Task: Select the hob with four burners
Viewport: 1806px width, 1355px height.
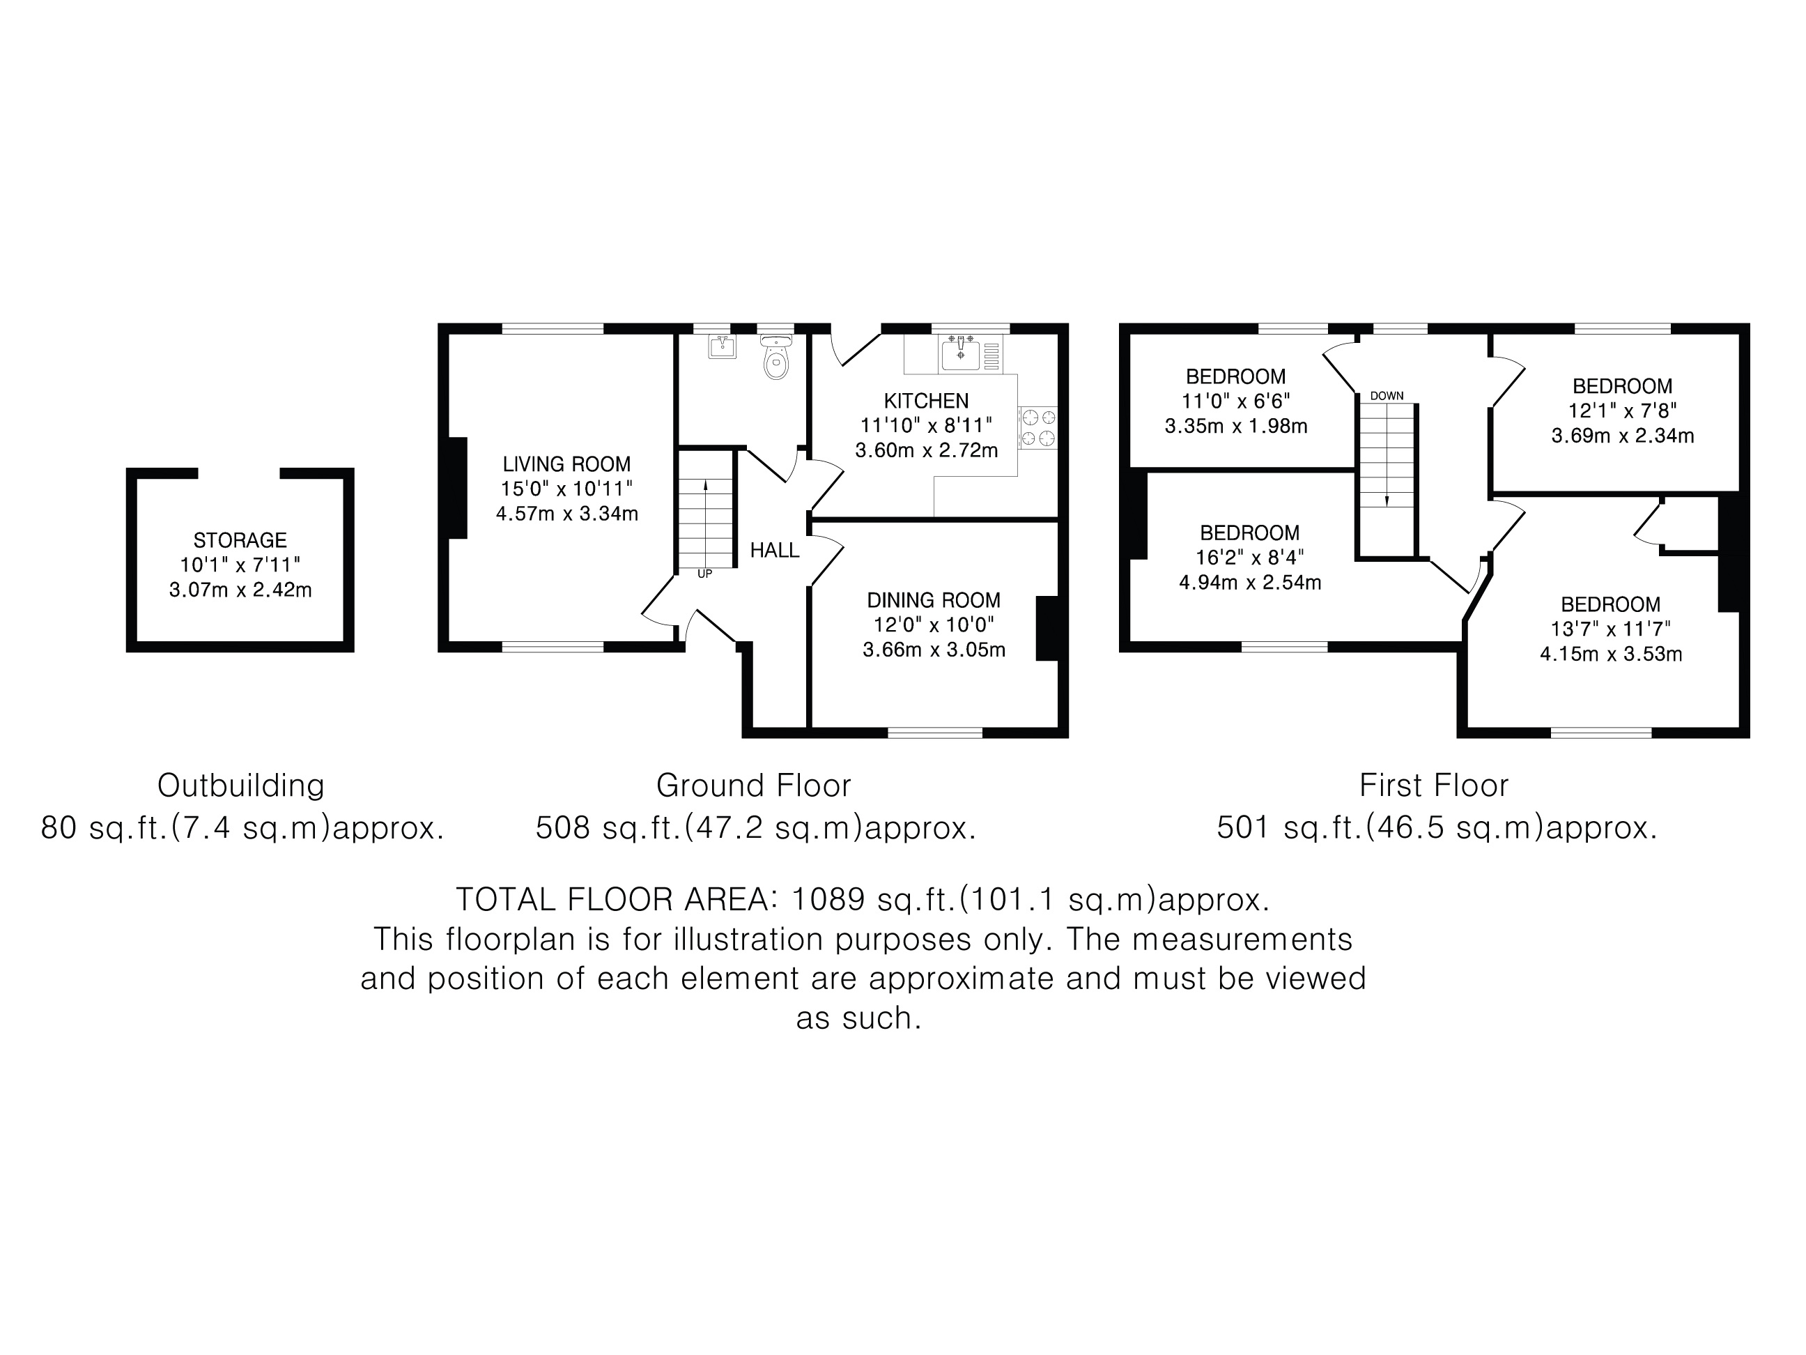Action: point(1037,427)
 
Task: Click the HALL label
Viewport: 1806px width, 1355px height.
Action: point(774,551)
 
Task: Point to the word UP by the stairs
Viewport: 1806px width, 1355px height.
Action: point(704,574)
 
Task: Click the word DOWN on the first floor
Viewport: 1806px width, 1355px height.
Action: point(1387,396)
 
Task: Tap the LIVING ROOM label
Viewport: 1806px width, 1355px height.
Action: point(566,464)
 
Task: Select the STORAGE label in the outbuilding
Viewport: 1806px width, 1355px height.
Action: point(240,540)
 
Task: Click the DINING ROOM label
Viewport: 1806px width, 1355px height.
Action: point(933,600)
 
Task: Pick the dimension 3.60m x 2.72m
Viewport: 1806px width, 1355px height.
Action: point(927,450)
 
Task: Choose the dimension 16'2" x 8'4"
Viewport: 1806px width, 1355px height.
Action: point(1250,558)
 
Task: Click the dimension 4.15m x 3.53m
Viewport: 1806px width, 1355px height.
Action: point(1611,654)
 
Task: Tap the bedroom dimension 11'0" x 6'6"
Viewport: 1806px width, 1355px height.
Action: point(1236,401)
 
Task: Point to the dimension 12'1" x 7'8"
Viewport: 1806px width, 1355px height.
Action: point(1622,411)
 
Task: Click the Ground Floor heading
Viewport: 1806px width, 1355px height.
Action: point(754,786)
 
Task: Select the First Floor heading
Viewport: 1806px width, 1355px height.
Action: point(1434,786)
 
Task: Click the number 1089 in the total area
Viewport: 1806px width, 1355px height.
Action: point(828,899)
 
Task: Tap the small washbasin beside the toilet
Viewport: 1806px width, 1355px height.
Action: point(722,346)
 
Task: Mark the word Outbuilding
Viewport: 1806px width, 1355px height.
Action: point(241,786)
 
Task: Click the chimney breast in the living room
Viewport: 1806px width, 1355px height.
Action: point(456,489)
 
